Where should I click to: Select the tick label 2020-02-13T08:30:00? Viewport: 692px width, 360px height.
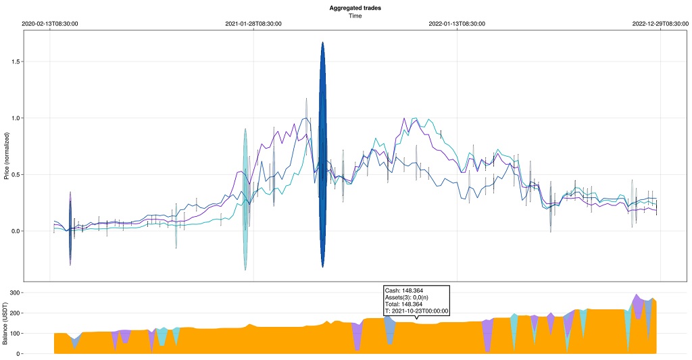click(50, 24)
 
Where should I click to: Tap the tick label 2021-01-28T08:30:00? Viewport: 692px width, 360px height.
click(253, 24)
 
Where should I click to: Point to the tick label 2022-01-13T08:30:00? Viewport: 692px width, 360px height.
click(457, 24)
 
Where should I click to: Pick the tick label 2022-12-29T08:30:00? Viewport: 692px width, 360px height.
click(660, 24)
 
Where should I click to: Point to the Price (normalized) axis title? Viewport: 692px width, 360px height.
click(6, 155)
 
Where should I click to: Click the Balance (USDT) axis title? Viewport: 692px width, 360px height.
click(6, 322)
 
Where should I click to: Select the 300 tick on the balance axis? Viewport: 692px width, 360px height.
click(14, 293)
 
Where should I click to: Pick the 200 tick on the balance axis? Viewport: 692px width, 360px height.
click(14, 313)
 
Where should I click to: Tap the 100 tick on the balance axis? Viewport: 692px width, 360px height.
click(14, 334)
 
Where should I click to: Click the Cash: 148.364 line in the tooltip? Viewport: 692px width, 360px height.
click(403, 290)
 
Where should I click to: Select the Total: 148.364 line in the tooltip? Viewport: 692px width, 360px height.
click(403, 304)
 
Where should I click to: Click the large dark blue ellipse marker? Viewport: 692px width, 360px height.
click(323, 154)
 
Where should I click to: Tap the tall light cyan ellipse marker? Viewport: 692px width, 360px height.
click(245, 199)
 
